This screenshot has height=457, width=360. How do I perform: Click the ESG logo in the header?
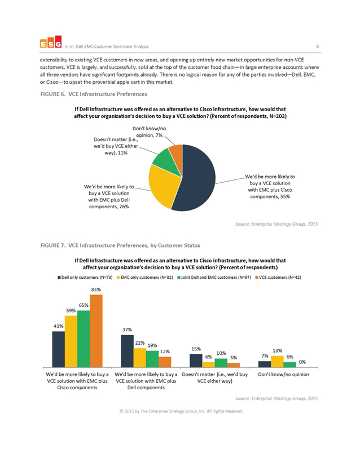coord(51,42)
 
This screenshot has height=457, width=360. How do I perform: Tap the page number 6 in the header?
coord(318,46)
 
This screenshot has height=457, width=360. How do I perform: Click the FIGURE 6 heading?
coord(94,94)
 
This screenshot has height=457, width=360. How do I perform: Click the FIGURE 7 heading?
coord(120,245)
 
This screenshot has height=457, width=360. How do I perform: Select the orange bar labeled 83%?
coord(96,331)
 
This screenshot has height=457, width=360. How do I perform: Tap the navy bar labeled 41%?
coord(58,349)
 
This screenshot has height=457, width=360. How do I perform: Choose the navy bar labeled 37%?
coord(127,351)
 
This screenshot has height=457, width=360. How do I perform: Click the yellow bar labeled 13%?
coord(277,362)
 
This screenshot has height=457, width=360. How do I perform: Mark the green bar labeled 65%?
coord(84,339)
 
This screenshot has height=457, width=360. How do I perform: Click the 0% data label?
coord(302,362)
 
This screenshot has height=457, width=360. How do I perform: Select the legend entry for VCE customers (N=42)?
coord(278,278)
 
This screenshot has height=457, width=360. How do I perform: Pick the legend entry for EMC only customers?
coord(145,278)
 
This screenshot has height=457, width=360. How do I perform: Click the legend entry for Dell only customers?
coord(85,278)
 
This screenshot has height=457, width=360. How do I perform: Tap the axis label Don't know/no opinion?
coord(283,374)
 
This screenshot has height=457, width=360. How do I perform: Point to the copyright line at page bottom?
coord(181,411)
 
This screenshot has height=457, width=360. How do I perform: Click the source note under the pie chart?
coord(276,224)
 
